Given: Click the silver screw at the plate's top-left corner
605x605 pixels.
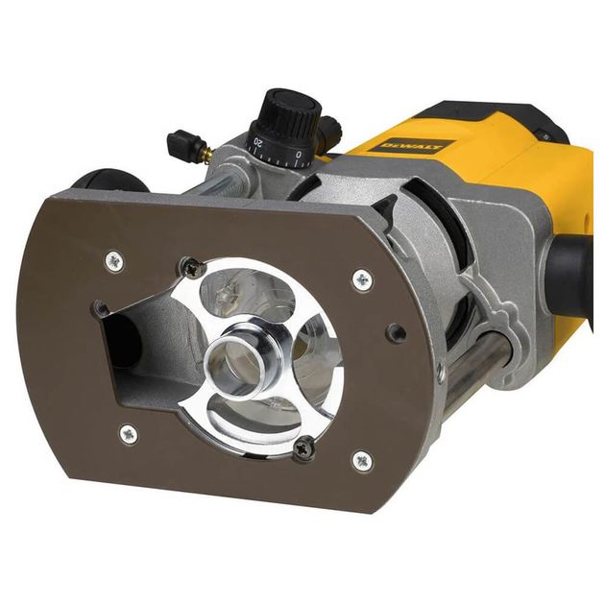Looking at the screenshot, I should point(114,260).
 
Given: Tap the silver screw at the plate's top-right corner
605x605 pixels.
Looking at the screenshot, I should point(362,279).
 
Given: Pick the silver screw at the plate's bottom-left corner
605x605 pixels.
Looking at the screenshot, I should point(128,434).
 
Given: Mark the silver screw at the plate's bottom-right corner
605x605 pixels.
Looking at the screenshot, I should point(362,461).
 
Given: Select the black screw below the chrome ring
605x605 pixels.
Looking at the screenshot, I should point(304,445).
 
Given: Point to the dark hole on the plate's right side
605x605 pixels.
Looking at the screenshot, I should point(395,333).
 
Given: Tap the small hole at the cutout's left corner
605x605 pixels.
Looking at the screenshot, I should point(101,309).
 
